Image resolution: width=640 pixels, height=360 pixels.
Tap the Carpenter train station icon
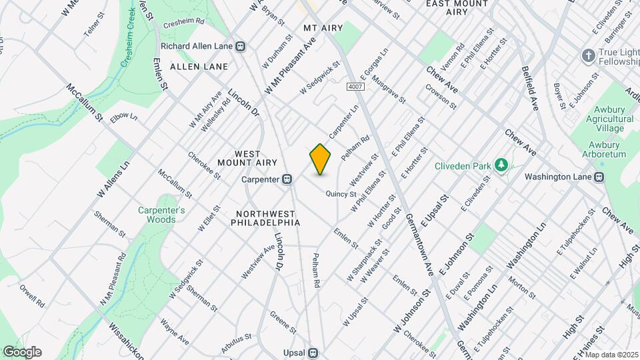(288, 179)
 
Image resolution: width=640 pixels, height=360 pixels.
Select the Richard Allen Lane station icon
(241, 47)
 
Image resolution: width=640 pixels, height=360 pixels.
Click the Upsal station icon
(312, 353)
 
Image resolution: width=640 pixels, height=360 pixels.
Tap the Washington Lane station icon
(599, 177)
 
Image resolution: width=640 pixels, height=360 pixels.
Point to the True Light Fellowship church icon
(588, 55)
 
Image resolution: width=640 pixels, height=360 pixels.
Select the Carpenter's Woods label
(161, 215)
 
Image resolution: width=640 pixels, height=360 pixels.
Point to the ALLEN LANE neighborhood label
(199, 67)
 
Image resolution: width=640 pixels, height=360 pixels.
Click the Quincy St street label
(341, 194)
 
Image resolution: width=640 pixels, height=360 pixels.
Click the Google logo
(22, 352)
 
